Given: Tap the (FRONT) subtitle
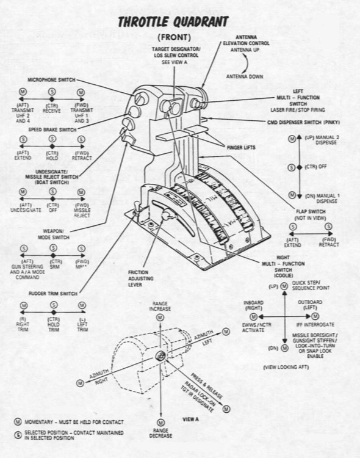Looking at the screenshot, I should [173, 37].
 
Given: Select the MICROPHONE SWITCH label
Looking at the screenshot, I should [51, 79].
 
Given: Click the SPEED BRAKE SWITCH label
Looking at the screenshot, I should [51, 129].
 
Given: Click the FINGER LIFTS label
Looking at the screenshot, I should [238, 148].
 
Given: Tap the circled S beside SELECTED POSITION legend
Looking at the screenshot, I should [18, 433].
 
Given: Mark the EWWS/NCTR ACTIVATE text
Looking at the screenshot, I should [256, 327].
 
